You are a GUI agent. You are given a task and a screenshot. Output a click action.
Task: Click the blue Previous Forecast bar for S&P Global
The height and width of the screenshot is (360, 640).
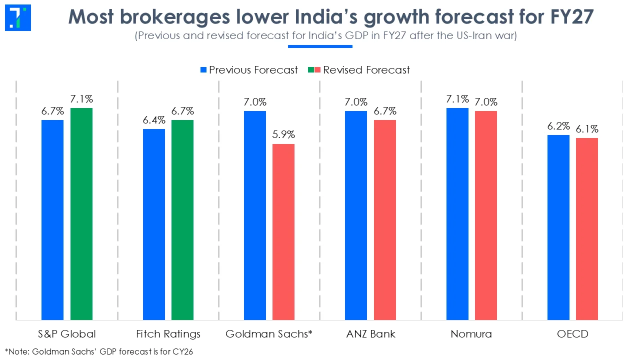[x=52, y=220]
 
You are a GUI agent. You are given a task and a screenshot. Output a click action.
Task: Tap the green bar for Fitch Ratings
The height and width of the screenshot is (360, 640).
[x=182, y=220]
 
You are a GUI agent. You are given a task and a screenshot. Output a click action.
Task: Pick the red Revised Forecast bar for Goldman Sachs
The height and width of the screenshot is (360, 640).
[x=283, y=232]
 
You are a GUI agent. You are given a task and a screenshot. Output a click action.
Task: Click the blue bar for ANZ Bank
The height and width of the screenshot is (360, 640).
[x=356, y=215]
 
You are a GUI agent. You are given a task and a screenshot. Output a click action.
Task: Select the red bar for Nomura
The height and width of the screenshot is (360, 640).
[x=486, y=215]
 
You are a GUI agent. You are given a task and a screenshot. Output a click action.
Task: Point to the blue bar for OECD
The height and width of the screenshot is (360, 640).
[x=558, y=227]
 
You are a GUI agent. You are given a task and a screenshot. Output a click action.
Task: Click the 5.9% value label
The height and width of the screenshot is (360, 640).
[x=283, y=135]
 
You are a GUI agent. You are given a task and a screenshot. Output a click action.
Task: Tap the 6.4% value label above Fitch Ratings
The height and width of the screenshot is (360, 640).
[x=153, y=120]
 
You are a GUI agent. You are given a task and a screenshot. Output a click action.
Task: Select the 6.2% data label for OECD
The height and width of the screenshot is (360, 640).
[x=558, y=126]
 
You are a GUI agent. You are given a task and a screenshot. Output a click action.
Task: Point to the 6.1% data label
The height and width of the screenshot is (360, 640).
[x=587, y=129]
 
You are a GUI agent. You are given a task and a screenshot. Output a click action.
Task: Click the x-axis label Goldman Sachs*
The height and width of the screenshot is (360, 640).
[x=269, y=334]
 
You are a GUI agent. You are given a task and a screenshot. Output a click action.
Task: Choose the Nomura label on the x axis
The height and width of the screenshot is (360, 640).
[x=471, y=334]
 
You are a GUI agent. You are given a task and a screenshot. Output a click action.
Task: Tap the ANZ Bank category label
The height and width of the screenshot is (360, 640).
[x=370, y=334]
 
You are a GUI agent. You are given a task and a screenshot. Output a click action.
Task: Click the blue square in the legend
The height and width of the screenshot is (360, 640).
[x=203, y=70]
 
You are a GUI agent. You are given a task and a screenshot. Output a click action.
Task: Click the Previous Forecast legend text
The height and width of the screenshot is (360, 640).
[x=253, y=70]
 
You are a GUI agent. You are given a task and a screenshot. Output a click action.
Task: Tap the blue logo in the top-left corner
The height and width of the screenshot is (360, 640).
[x=18, y=17]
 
